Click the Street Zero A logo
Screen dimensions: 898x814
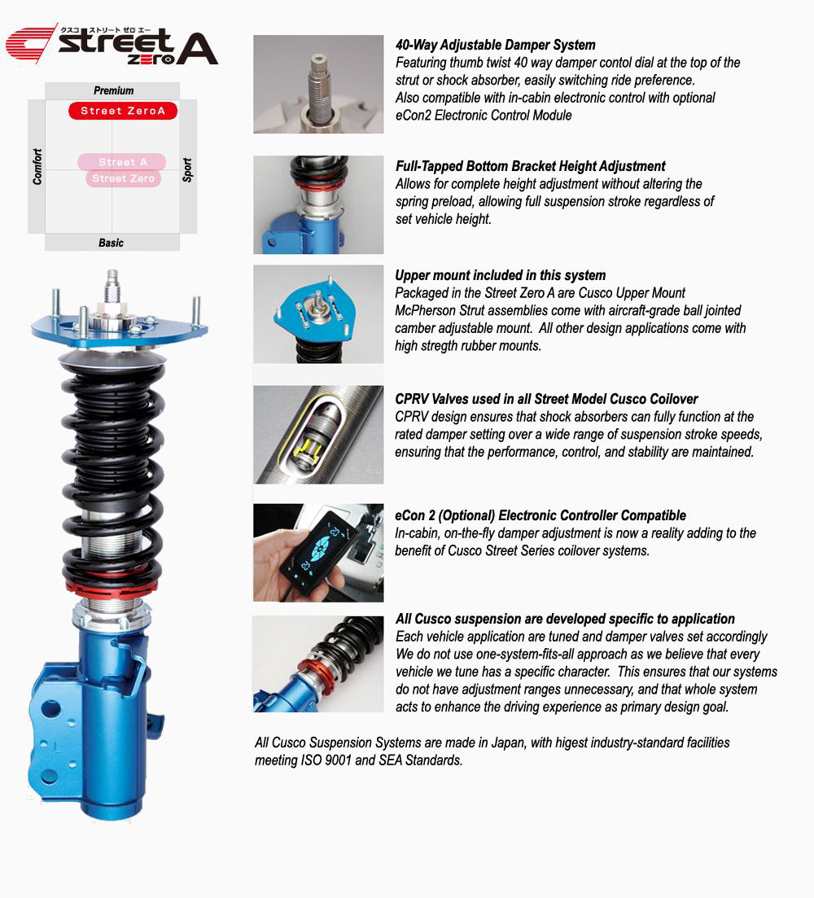[x=112, y=44]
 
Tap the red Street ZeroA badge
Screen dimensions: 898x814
[x=123, y=111]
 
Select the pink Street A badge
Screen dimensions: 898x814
[x=122, y=162]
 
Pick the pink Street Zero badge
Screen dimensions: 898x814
[x=123, y=178]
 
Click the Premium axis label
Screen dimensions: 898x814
[x=113, y=90]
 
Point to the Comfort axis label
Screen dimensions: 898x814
[x=37, y=166]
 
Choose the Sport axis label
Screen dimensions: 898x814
[x=187, y=170]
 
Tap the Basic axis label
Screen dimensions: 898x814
[x=111, y=243]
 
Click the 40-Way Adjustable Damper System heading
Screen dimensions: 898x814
[x=495, y=45]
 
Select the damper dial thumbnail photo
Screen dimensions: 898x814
[x=318, y=84]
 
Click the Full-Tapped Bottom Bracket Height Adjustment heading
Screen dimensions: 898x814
[x=530, y=166]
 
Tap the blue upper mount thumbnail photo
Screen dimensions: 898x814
[x=318, y=313]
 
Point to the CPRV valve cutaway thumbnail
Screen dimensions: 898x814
[x=318, y=435]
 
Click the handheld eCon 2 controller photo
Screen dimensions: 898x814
[x=318, y=552]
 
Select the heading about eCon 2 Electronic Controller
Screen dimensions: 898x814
[x=540, y=515]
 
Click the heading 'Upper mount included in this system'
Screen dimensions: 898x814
[x=500, y=275]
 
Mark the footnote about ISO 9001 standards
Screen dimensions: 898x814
[x=492, y=751]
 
